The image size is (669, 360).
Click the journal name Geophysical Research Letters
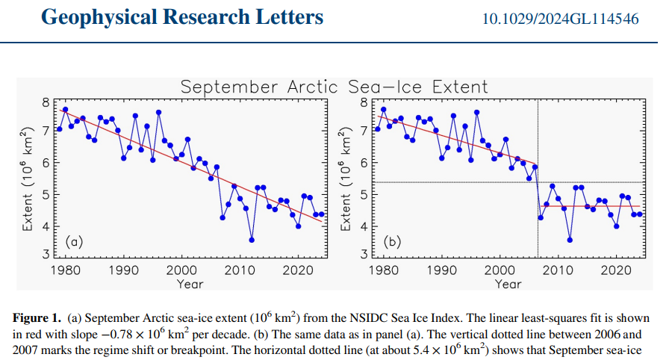[182, 16]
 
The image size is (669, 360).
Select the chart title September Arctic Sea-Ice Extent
[334, 87]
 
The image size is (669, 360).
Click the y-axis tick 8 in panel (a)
[46, 102]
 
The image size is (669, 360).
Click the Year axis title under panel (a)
[190, 284]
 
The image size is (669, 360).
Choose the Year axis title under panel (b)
[508, 284]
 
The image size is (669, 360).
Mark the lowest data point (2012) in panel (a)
[252, 240]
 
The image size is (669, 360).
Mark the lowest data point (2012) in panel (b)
[570, 240]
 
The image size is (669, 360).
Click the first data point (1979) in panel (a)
[59, 129]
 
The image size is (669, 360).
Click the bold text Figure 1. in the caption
[37, 317]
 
